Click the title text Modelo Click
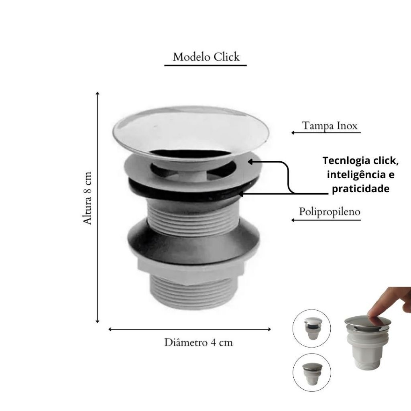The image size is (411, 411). click(x=206, y=57)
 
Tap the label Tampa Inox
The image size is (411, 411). click(x=330, y=126)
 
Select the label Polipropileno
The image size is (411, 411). click(x=330, y=212)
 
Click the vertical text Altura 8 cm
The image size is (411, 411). click(x=87, y=198)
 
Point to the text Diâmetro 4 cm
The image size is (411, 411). click(x=198, y=343)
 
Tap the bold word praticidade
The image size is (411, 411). click(x=361, y=189)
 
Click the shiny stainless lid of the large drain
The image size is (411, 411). click(x=191, y=131)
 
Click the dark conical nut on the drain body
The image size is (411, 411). click(x=193, y=242)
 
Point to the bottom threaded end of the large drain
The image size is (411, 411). click(x=193, y=295)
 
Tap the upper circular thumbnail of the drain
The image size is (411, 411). click(x=311, y=328)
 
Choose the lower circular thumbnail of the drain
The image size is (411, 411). click(x=311, y=372)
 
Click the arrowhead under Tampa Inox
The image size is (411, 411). click(x=293, y=132)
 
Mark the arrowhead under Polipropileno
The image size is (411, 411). click(x=293, y=220)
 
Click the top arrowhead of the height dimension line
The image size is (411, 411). click(x=98, y=93)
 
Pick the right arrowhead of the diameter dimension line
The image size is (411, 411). click(x=269, y=329)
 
